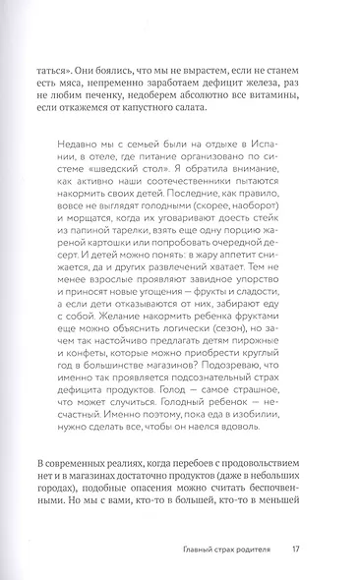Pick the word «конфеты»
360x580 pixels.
click(x=102, y=382)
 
